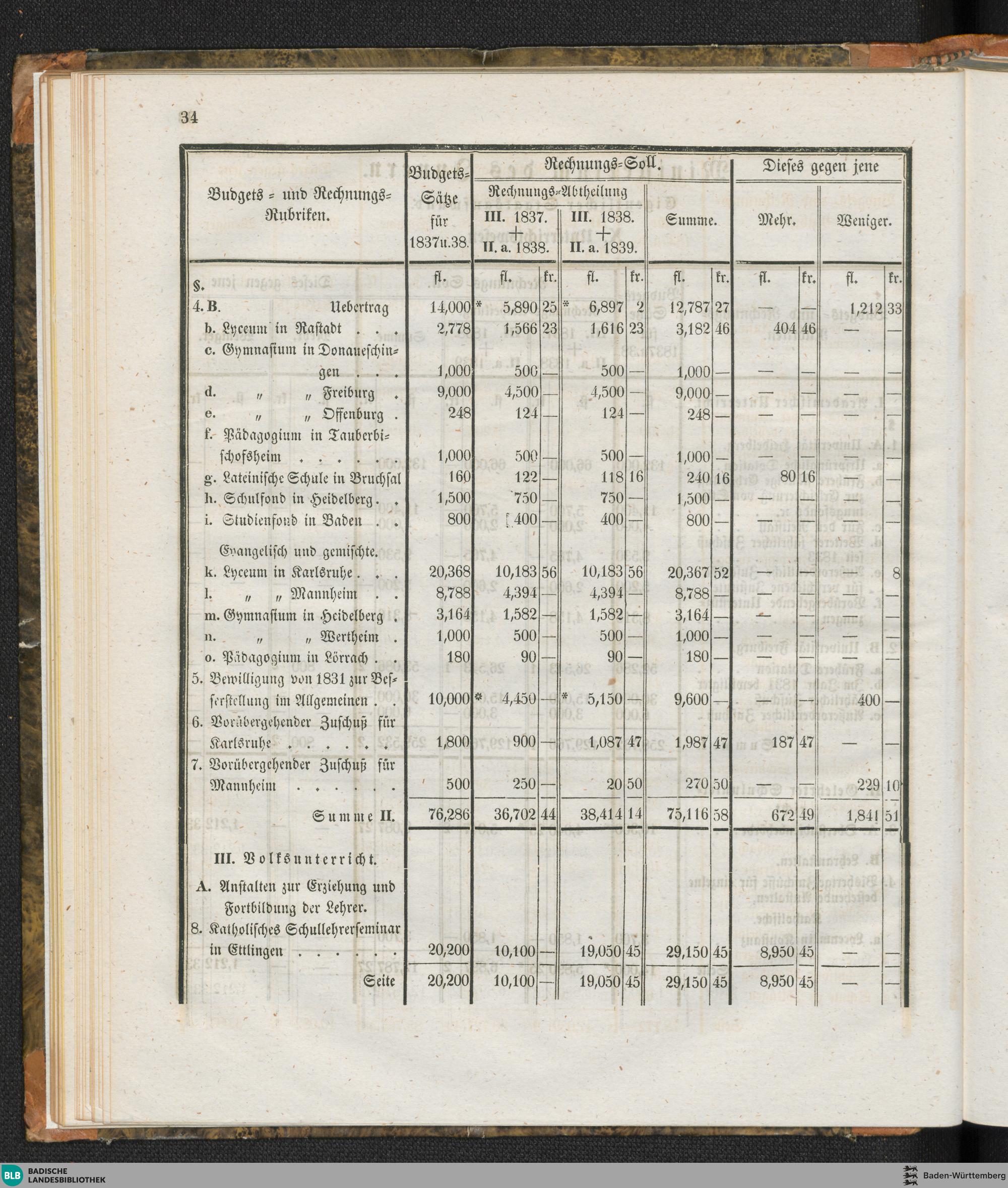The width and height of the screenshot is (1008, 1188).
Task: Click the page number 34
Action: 188,118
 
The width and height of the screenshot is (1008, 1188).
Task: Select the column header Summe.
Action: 690,221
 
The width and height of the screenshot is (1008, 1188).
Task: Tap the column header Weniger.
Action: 864,221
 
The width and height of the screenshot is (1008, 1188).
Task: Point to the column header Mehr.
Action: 777,221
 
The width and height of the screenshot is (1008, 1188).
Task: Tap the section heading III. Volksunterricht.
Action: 295,858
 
